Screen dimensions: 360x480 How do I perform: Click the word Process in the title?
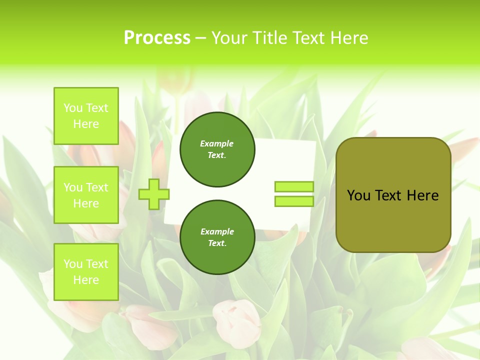tap(157, 37)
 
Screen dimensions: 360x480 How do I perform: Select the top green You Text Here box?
tap(86, 116)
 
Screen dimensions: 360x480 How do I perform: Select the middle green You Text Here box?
tap(86, 195)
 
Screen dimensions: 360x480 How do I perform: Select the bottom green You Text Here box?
tap(86, 271)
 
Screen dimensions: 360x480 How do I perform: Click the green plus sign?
tap(154, 194)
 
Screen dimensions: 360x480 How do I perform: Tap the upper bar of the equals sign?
tap(294, 187)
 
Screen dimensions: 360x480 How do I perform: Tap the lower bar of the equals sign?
tap(294, 201)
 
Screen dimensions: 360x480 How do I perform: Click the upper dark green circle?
tap(217, 149)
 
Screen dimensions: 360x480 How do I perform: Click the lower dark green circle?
tap(217, 237)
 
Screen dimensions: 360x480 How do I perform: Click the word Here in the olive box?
tap(423, 195)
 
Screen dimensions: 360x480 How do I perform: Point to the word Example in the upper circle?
tap(217, 143)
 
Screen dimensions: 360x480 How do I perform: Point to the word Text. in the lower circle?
tap(217, 243)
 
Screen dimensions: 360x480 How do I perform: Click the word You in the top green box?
tap(73, 108)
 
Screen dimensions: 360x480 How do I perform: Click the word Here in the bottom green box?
tap(86, 280)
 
